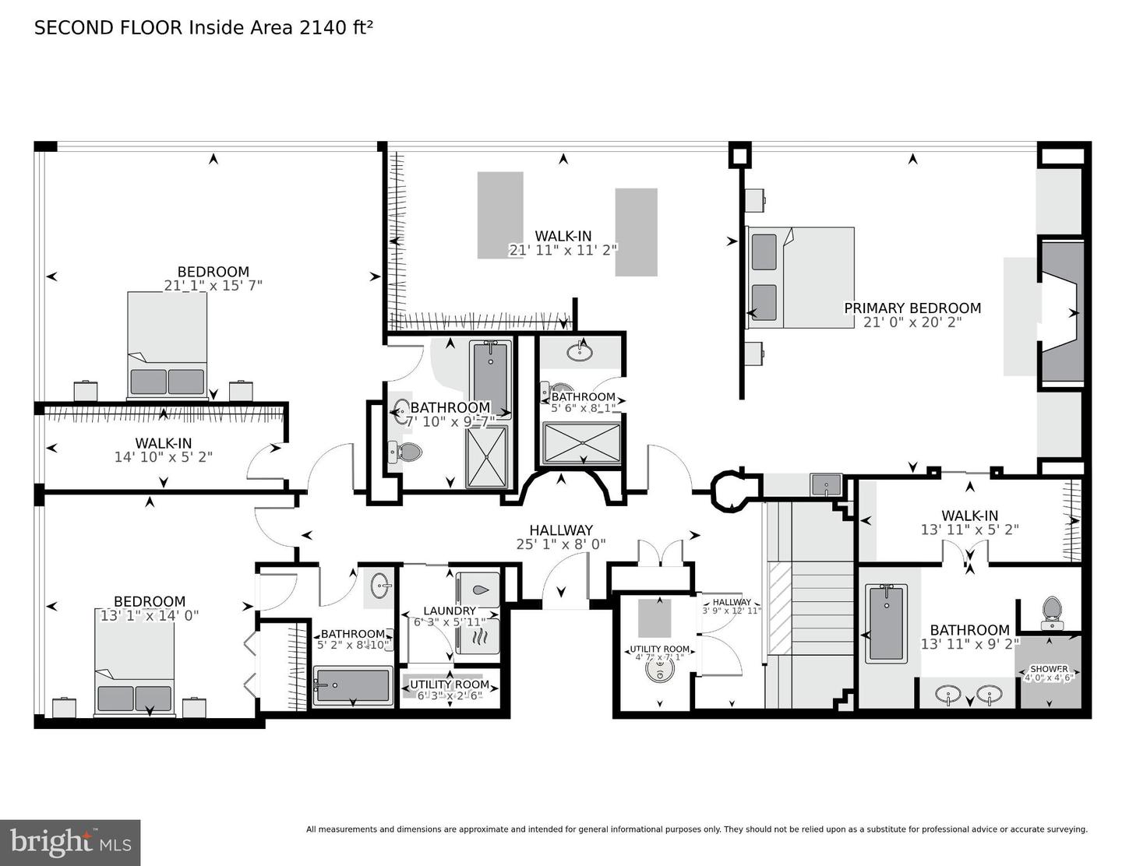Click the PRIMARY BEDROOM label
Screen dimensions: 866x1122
click(912, 308)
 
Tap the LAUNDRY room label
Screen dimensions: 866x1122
click(450, 611)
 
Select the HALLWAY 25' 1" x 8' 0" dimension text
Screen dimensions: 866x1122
click(561, 544)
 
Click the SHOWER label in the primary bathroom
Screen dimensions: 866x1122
click(1049, 669)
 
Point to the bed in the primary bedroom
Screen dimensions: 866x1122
click(800, 277)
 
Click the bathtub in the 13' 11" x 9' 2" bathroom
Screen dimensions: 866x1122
click(887, 623)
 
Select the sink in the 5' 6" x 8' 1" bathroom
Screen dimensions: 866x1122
click(580, 352)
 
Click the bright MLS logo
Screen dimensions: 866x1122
click(70, 843)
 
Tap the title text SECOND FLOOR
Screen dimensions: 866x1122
click(108, 28)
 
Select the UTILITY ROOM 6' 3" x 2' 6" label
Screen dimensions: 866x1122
click(450, 685)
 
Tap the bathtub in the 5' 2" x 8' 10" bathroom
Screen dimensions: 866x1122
click(352, 685)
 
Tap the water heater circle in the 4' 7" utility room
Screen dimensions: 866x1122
click(660, 671)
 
